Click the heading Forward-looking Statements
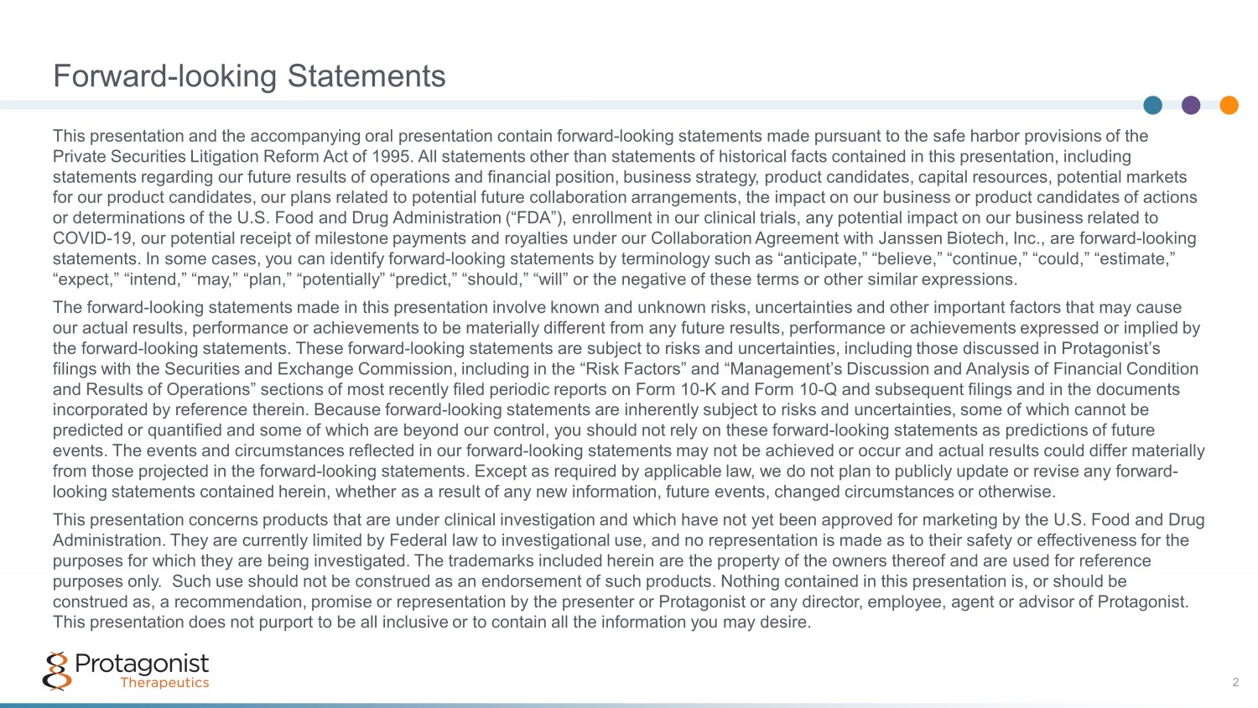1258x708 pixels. (249, 76)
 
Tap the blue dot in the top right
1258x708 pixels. (1152, 105)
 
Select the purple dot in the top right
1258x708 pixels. (1191, 105)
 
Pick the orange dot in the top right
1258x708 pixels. (1229, 105)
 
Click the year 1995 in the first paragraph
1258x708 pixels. (392, 157)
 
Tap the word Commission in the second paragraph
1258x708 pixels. (404, 369)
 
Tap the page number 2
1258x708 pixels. (1235, 682)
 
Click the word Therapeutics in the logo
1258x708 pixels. (164, 683)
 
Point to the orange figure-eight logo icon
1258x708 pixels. (56, 671)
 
